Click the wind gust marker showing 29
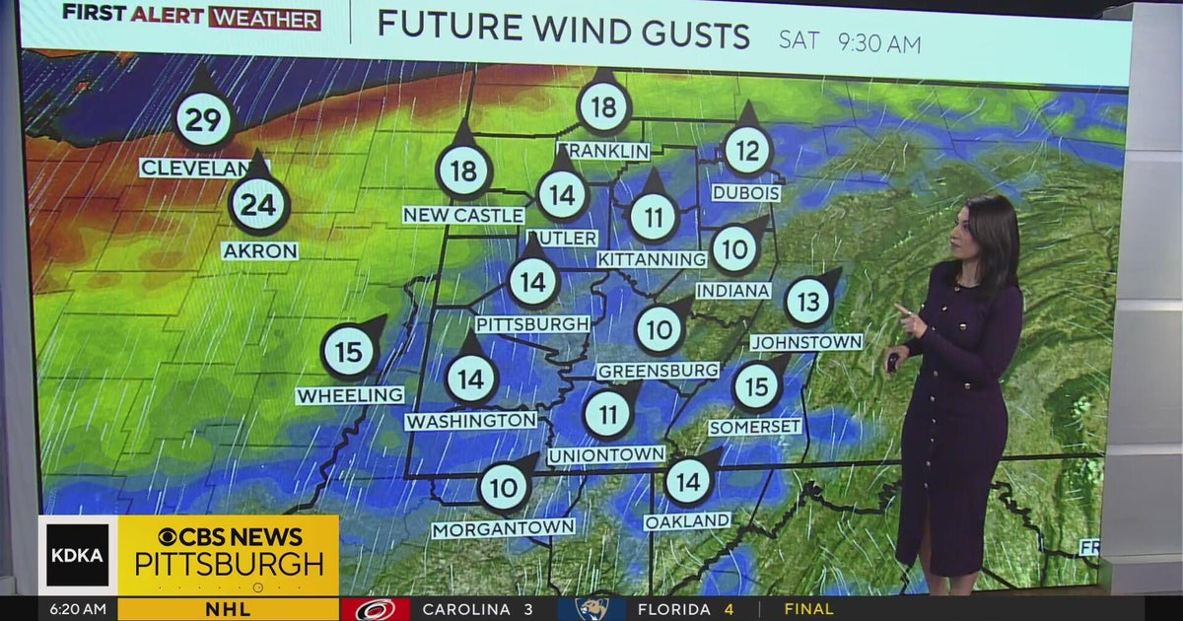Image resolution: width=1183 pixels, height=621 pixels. click(x=203, y=120)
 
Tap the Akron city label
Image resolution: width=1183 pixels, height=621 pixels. click(x=260, y=251)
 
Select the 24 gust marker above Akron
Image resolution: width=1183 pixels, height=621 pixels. click(x=258, y=205)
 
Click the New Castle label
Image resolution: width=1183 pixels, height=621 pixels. click(x=463, y=215)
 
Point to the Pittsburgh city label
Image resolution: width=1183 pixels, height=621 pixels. click(x=533, y=324)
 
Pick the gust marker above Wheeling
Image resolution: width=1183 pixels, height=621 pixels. click(x=350, y=352)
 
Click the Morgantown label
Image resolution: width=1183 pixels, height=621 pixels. click(x=504, y=528)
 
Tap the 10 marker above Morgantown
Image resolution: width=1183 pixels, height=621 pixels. click(x=504, y=487)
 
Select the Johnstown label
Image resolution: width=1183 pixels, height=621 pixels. click(x=806, y=342)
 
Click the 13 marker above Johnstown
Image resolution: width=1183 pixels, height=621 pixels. click(x=808, y=303)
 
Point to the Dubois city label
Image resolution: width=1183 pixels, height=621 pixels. click(x=746, y=193)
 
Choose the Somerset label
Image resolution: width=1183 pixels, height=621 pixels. click(x=755, y=427)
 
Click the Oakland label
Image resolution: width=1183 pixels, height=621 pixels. click(x=687, y=520)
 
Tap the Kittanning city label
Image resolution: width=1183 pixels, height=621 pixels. click(x=653, y=258)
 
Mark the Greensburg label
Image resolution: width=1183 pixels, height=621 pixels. click(x=658, y=371)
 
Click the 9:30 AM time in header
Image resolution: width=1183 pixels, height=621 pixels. click(x=879, y=43)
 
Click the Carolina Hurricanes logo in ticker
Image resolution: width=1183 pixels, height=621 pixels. click(x=376, y=609)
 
